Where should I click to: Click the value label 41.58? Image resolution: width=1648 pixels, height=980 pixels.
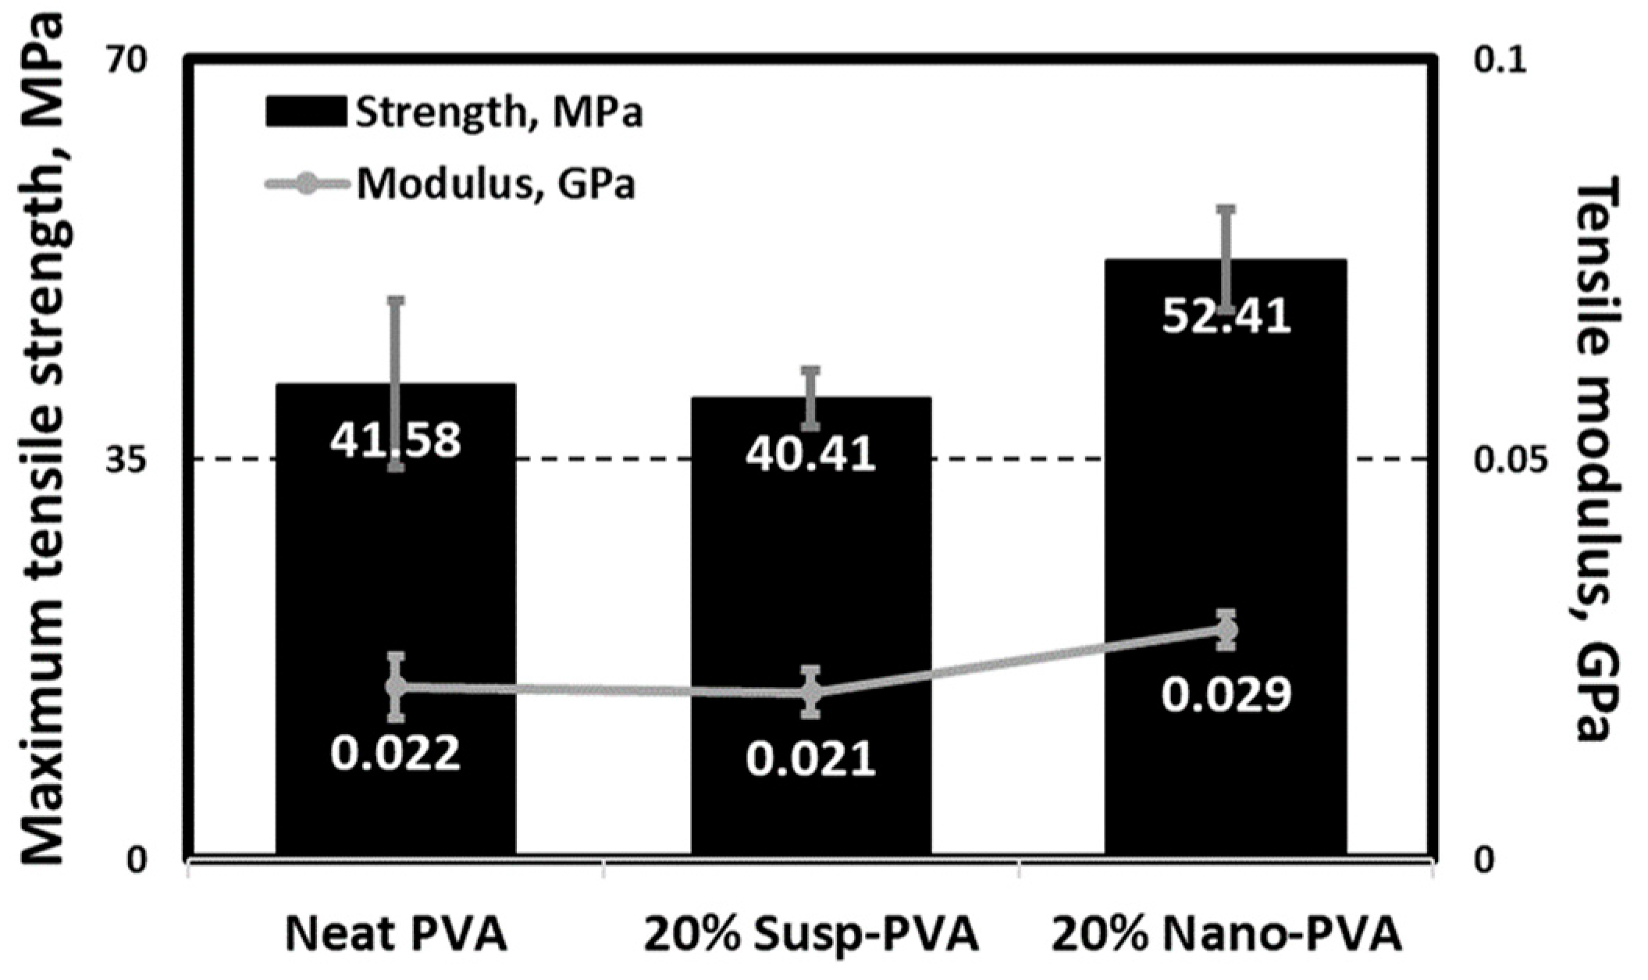395,440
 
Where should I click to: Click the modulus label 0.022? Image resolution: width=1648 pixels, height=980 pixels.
395,754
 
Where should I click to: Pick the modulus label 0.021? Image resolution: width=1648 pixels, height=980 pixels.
810,760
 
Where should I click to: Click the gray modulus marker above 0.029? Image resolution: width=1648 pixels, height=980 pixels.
1227,629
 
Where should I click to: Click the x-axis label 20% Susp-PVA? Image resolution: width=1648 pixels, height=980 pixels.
810,935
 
